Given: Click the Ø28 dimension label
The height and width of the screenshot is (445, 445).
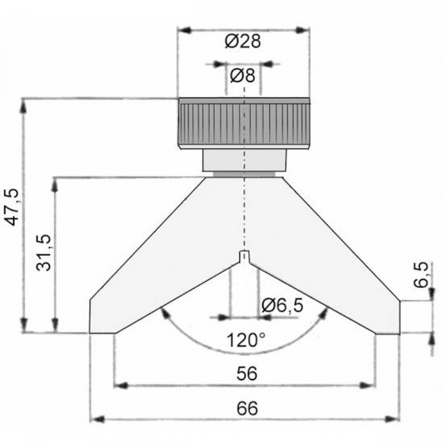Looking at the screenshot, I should click(244, 42).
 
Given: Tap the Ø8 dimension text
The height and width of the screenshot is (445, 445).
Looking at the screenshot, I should click(243, 77).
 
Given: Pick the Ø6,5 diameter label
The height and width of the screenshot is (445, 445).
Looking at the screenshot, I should click(282, 305).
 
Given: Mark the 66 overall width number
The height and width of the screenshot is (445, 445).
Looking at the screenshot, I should click(245, 408).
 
